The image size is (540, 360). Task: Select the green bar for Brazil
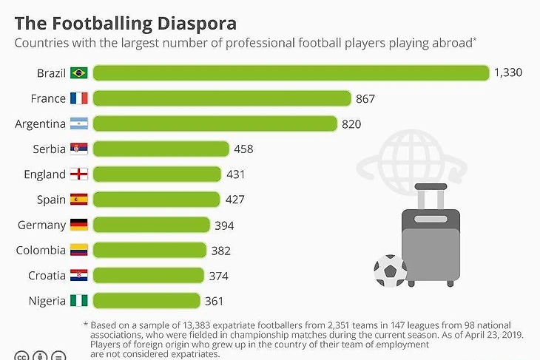pos(291,72)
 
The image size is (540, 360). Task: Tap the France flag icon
pos(79,98)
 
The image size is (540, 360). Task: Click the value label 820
pos(351,124)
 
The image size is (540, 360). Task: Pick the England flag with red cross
pos(79,174)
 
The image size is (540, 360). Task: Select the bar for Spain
pos(156,200)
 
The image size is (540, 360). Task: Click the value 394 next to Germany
pos(224,225)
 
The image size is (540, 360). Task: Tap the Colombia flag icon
pos(79,251)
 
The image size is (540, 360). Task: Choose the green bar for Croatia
pos(148,276)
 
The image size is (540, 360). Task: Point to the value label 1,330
pos(508,72)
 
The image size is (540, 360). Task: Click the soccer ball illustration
pos(390,271)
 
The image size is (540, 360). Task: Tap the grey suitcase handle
pos(430,195)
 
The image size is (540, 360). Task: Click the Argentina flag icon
pos(79,123)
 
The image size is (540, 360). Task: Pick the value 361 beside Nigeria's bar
pos(214,301)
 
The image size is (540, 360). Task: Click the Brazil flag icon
pos(79,73)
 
